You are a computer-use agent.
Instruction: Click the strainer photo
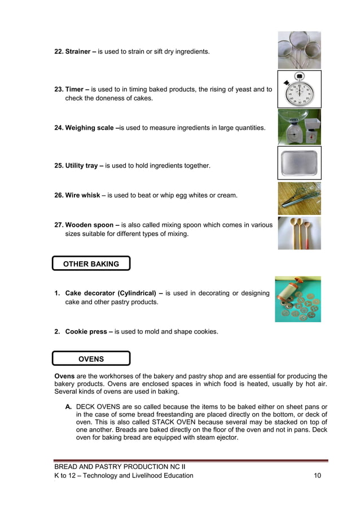click(299, 50)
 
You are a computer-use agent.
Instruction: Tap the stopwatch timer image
click(299, 89)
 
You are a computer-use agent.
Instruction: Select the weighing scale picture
click(299, 127)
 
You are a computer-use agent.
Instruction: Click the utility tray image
click(299, 163)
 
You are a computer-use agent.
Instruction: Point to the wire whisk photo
click(299, 198)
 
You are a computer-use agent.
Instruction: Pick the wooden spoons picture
click(299, 232)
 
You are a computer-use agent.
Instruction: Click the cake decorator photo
click(297, 299)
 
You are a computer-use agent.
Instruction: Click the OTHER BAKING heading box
click(91, 264)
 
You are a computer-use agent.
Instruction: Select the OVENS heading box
click(91, 358)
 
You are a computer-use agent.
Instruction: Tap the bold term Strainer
click(77, 52)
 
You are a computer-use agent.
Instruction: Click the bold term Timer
click(74, 90)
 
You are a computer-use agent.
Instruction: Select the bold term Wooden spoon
click(88, 225)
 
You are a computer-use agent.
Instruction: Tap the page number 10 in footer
click(317, 476)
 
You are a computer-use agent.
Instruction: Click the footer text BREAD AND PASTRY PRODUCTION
click(107, 467)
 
